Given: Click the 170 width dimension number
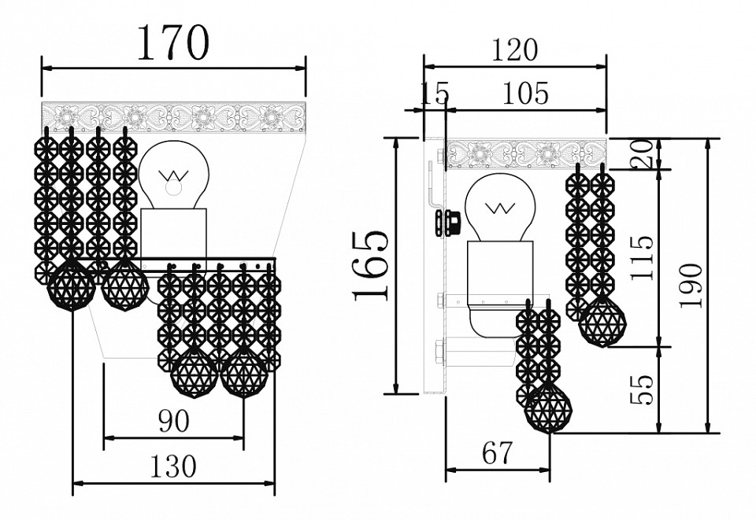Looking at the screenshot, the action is (x=173, y=42).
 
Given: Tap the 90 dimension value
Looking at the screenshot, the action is (x=173, y=422).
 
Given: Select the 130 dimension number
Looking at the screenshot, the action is (x=173, y=466).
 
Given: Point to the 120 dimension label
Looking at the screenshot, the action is (x=514, y=50).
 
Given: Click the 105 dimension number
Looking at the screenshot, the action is (x=525, y=94).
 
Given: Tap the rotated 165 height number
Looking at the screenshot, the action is (x=371, y=266).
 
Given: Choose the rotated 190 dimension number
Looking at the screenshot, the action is (x=690, y=285).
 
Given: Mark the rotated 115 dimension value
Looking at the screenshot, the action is (x=642, y=257).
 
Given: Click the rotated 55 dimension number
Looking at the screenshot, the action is (x=642, y=389).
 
